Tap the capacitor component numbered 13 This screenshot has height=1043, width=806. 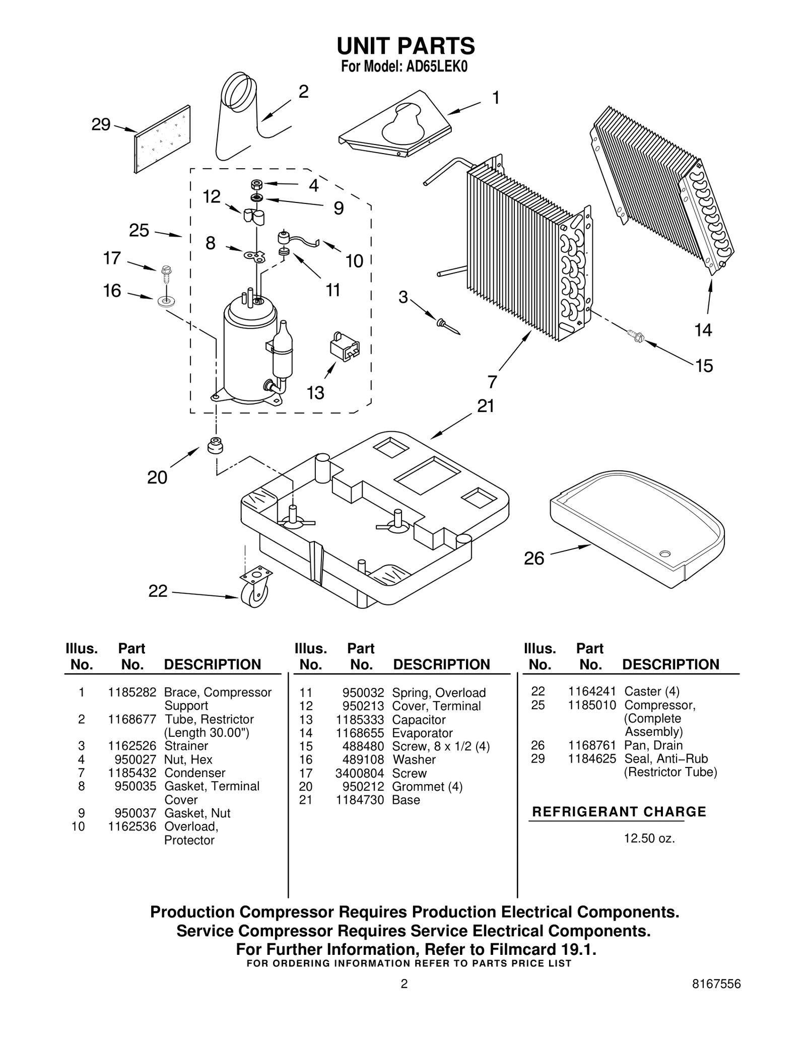(345, 346)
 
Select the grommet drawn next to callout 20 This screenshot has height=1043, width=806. (216, 445)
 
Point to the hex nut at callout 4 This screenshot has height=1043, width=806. (256, 184)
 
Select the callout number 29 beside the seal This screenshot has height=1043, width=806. (101, 124)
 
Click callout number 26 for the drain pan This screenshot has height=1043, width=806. (534, 559)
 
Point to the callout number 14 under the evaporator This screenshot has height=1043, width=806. (703, 330)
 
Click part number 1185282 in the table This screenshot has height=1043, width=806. (132, 692)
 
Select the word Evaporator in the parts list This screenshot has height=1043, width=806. (422, 733)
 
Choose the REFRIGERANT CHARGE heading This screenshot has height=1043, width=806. (619, 812)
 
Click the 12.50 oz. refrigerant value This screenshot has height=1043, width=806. (649, 839)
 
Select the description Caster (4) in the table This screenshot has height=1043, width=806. (651, 691)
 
